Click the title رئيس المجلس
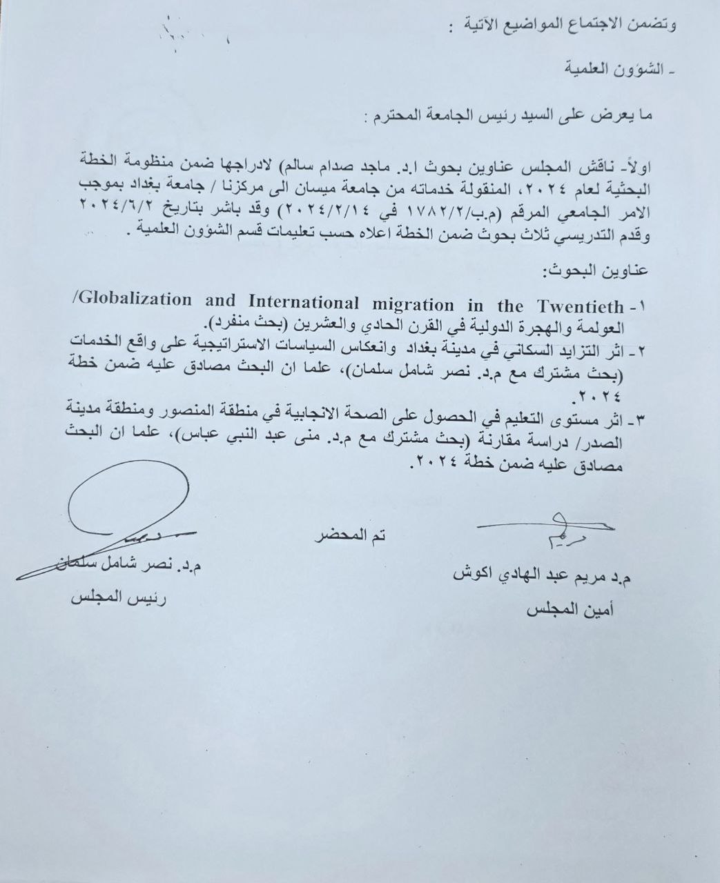(119, 598)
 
